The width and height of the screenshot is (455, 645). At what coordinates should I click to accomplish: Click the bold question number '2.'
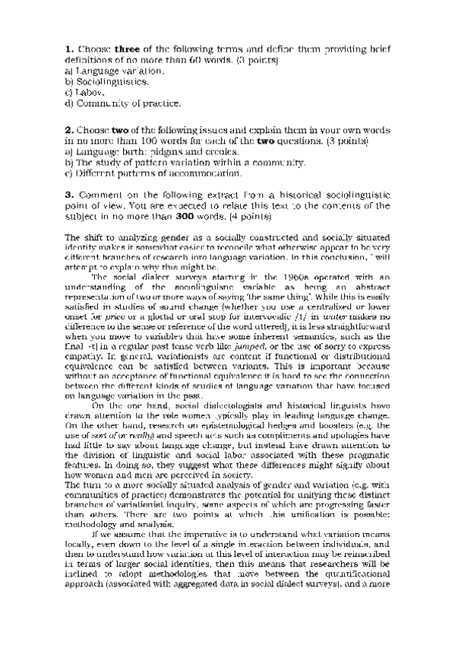[x=69, y=131]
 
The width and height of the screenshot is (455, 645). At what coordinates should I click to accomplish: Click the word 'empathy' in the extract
[x=84, y=356]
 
